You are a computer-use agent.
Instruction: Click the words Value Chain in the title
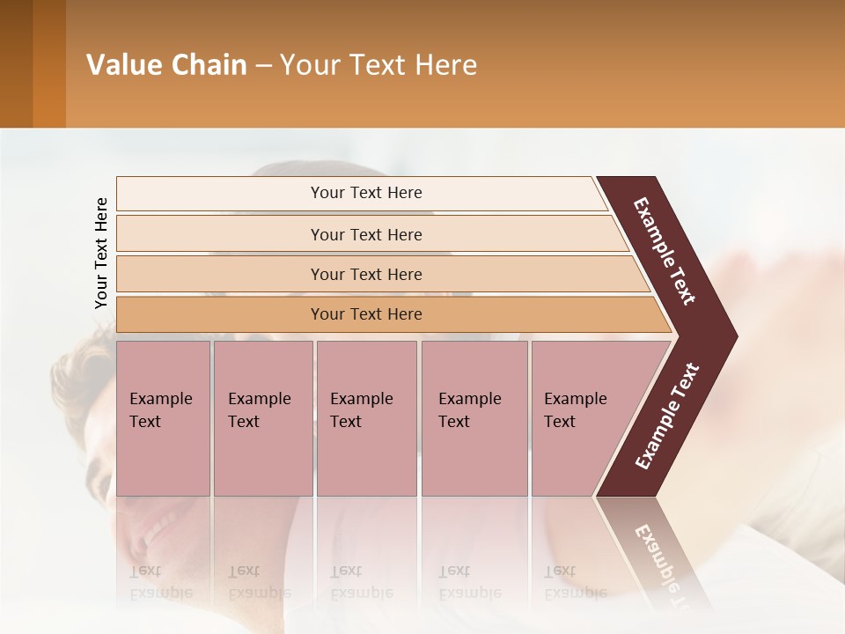click(x=166, y=64)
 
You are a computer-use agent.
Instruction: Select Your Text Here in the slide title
click(x=378, y=64)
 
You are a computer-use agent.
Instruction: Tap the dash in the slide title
click(x=263, y=65)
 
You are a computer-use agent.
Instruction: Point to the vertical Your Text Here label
click(x=101, y=253)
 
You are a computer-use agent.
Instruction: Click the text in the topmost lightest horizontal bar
click(x=366, y=193)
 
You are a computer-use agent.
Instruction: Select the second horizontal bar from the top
click(x=366, y=234)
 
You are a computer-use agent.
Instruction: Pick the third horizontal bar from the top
click(x=366, y=274)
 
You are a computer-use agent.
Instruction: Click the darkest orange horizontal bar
click(x=366, y=314)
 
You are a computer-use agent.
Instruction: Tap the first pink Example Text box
click(x=163, y=418)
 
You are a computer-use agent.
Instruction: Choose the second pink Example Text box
click(x=262, y=418)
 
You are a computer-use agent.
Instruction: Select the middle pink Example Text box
click(x=366, y=418)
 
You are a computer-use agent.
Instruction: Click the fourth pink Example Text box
click(x=474, y=418)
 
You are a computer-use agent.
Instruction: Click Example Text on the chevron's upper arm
click(x=665, y=251)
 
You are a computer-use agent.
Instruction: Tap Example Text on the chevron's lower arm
click(x=667, y=417)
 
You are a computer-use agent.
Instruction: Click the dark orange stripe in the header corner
click(x=48, y=63)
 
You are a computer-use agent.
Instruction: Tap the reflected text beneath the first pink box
click(x=160, y=581)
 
